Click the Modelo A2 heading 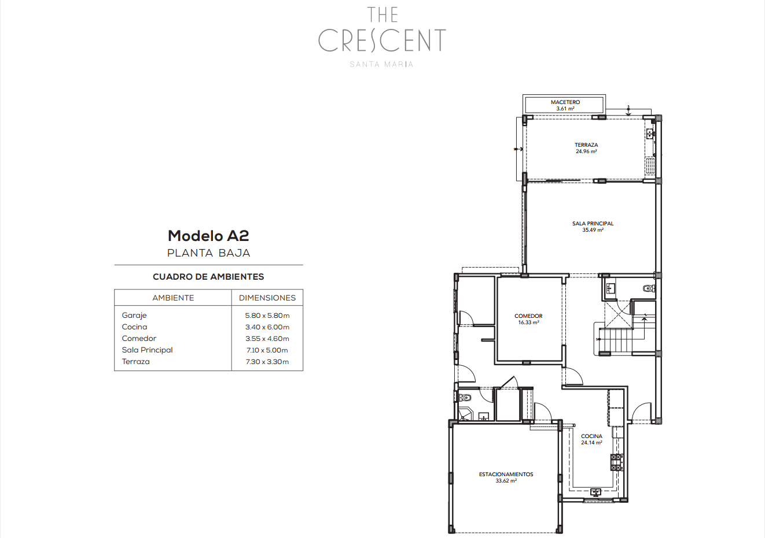point(208,236)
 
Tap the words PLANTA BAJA point(209,253)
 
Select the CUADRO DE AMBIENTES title point(208,277)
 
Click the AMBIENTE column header point(173,298)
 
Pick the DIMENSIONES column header point(267,298)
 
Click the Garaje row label point(134,316)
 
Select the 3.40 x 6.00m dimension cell point(267,327)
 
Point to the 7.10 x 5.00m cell point(267,350)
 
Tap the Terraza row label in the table point(135,362)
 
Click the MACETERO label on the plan point(565,102)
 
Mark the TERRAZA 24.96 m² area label point(586,148)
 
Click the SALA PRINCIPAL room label point(593,227)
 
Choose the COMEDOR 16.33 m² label point(528,319)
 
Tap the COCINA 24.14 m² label point(591,439)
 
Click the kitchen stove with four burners point(617,462)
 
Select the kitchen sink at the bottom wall point(595,492)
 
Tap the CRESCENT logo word point(382,40)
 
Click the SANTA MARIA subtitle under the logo point(381,64)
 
